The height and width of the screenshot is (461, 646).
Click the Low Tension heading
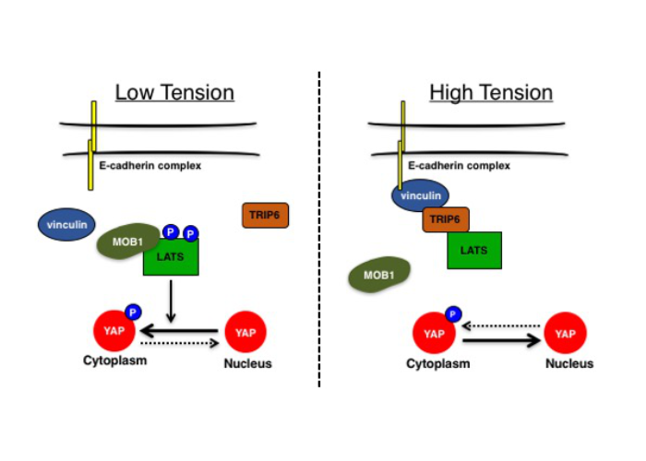tap(174, 93)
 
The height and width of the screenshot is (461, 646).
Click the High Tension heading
tap(491, 93)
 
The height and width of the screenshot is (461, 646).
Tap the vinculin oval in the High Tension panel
tap(421, 195)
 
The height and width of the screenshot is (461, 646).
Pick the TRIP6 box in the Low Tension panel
tap(264, 215)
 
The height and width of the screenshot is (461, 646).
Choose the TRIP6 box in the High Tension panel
tap(446, 219)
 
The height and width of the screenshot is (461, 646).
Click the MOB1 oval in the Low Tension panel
tap(129, 241)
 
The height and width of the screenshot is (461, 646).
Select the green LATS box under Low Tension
tap(171, 256)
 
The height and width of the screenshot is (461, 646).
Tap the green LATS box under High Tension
tap(474, 250)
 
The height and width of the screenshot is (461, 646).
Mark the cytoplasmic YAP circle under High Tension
tap(432, 334)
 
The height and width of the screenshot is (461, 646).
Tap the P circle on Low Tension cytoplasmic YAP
tap(132, 312)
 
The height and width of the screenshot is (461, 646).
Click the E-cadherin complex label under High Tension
tap(459, 166)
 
